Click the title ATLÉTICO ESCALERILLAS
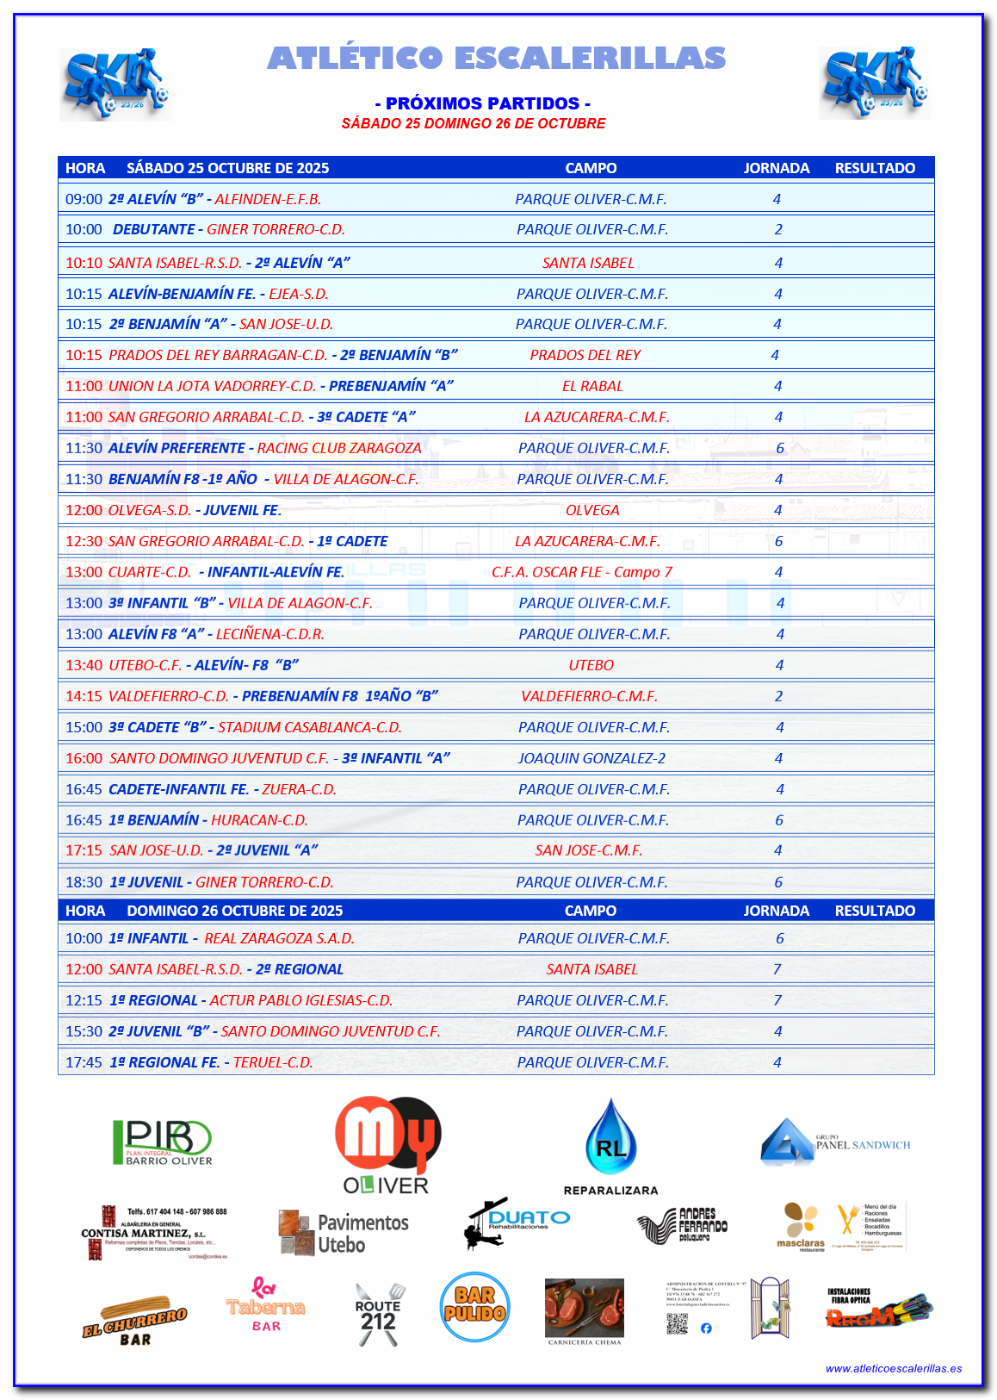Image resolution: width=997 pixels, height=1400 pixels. pyautogui.click(x=497, y=59)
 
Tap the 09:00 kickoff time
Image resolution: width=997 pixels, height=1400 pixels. pyautogui.click(x=84, y=199)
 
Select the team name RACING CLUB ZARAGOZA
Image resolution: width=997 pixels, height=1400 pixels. pyautogui.click(x=339, y=448)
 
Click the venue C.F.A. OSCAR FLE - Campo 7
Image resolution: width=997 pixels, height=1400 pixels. pyautogui.click(x=582, y=572)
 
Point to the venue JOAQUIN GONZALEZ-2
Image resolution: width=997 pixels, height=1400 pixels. pyautogui.click(x=591, y=758)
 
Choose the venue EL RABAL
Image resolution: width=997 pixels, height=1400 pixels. pyautogui.click(x=592, y=386)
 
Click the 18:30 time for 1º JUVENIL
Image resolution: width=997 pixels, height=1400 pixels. pyautogui.click(x=84, y=882)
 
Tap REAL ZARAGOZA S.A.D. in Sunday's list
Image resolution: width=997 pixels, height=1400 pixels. pyautogui.click(x=279, y=938)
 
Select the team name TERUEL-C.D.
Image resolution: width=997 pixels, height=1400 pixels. pyautogui.click(x=273, y=1062)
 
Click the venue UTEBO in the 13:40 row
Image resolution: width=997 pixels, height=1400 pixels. pyautogui.click(x=591, y=665)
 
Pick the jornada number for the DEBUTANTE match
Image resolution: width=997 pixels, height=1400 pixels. pyautogui.click(x=778, y=229)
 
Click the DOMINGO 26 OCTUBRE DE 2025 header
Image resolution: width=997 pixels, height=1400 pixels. pyautogui.click(x=234, y=911)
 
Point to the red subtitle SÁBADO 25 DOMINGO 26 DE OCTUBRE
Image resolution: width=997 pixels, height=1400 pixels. pyautogui.click(x=474, y=123)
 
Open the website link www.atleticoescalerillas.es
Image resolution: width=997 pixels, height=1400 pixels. pyautogui.click(x=893, y=1368)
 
